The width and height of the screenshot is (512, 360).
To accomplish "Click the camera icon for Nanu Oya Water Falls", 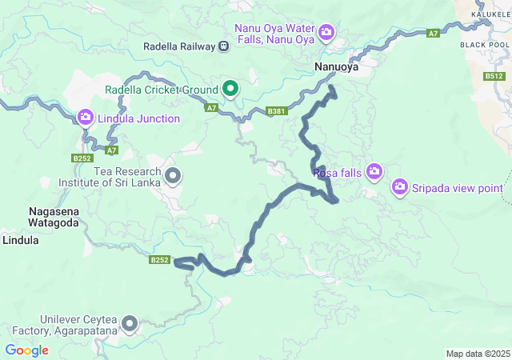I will pos(326,32).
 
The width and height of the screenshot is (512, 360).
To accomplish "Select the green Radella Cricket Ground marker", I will pos(230,89).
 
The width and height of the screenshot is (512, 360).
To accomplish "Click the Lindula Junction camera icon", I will pos(86,118).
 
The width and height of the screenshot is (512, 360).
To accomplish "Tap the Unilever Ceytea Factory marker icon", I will pos(129,323).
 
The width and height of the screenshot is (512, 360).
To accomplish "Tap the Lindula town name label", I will pos(20,239).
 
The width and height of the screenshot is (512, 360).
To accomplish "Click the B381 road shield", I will pos(276,111).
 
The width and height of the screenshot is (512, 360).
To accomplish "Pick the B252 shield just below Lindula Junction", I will pos(82,158).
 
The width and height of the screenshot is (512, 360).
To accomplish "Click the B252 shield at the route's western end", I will pos(160,260).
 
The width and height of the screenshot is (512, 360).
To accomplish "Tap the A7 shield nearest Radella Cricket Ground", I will pos(211,106).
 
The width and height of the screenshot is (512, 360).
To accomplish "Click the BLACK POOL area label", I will pos(485,45).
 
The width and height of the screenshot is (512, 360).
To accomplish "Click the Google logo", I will pos(26,350).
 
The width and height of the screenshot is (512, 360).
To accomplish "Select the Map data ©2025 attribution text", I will pos(477,354).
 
